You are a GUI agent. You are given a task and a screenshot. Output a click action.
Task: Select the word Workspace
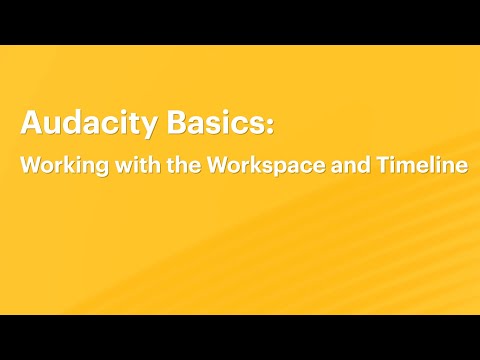(256, 167)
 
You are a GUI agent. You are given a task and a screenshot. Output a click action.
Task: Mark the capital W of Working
(30, 166)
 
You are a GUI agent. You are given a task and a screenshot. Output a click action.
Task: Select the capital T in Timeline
(380, 166)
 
